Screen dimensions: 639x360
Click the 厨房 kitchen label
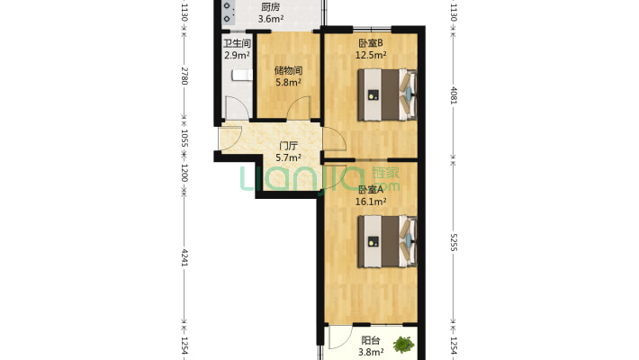pyautogui.click(x=271, y=7)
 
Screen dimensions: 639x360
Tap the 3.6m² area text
pyautogui.click(x=271, y=18)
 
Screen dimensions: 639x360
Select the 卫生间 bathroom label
pyautogui.click(x=237, y=43)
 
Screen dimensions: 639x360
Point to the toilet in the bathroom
pyautogui.click(x=242, y=75)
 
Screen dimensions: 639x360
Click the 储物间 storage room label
pyautogui.click(x=288, y=70)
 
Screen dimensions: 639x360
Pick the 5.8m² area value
pyautogui.click(x=288, y=82)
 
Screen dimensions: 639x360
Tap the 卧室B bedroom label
pyautogui.click(x=371, y=43)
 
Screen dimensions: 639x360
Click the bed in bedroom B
pyautogui.click(x=387, y=94)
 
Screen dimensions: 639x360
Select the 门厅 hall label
pyautogui.click(x=288, y=146)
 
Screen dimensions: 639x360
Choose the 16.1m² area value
pyautogui.click(x=371, y=202)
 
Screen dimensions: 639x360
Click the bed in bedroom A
pyautogui.click(x=387, y=241)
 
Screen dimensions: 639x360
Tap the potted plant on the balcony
pyautogui.click(x=404, y=345)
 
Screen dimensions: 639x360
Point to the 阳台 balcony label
pyautogui.click(x=371, y=340)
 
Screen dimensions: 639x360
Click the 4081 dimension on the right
pyautogui.click(x=454, y=95)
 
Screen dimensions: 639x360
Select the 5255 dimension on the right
pyautogui.click(x=454, y=242)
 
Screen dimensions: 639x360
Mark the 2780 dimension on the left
pyautogui.click(x=184, y=76)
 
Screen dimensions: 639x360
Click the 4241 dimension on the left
pyautogui.click(x=184, y=257)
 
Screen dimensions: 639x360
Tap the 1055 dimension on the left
pyautogui.click(x=184, y=139)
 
